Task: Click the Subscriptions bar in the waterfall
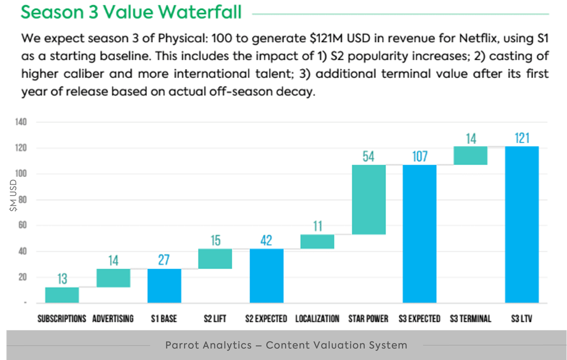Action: pyautogui.click(x=62, y=295)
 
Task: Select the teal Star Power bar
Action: pyautogui.click(x=369, y=199)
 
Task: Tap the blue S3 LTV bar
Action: pyautogui.click(x=522, y=224)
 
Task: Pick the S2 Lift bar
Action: pyautogui.click(x=215, y=259)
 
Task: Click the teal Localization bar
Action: pyautogui.click(x=317, y=242)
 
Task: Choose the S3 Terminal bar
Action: pyautogui.click(x=470, y=155)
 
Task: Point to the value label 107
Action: pyautogui.click(x=420, y=156)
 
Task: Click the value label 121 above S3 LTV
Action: pyautogui.click(x=522, y=138)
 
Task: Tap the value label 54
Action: pyautogui.click(x=368, y=156)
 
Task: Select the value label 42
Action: pyautogui.click(x=266, y=240)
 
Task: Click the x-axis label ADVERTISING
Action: pyautogui.click(x=113, y=319)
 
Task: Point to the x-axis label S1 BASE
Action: pyautogui.click(x=164, y=319)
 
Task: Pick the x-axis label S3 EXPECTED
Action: pyautogui.click(x=419, y=319)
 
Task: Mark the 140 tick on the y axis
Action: pyautogui.click(x=21, y=122)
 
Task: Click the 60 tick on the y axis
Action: pyautogui.click(x=22, y=225)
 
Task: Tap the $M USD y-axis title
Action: pyautogui.click(x=13, y=195)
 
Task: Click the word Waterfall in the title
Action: pyautogui.click(x=200, y=12)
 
